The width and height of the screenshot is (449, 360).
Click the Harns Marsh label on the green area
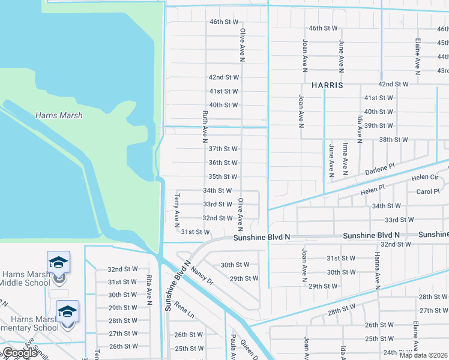[59, 115]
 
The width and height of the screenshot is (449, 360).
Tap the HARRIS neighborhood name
[327, 85]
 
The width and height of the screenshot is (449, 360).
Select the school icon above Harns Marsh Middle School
[59, 262]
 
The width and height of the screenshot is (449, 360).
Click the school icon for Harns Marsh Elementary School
[68, 311]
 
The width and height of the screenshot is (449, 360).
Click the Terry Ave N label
[176, 211]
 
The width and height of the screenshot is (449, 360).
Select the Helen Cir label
[425, 178]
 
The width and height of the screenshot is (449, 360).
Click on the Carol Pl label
[429, 192]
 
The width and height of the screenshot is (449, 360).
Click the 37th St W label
[223, 149]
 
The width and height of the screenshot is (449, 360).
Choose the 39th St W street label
[378, 126]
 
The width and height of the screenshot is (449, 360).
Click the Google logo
[20, 353]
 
